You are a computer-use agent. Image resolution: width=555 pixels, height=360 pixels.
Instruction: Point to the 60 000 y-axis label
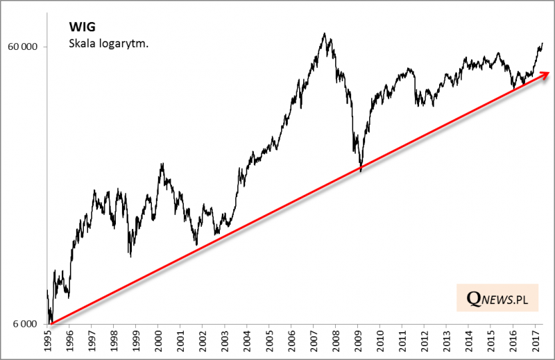point(25,46)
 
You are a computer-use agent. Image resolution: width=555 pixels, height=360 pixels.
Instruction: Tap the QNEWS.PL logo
point(497,298)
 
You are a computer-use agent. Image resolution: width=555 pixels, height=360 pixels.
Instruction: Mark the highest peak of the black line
point(324,33)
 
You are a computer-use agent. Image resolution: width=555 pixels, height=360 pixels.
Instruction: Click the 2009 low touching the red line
point(360,169)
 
